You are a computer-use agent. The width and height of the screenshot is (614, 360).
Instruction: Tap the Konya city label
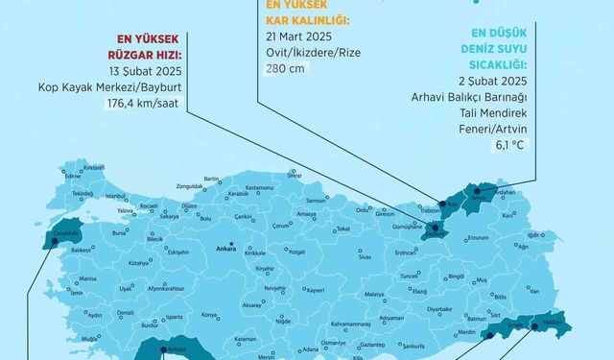(x=209, y=314)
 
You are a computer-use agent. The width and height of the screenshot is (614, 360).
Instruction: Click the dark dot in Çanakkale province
(x=54, y=242)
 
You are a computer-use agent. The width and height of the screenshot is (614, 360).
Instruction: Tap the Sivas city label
(x=365, y=258)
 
